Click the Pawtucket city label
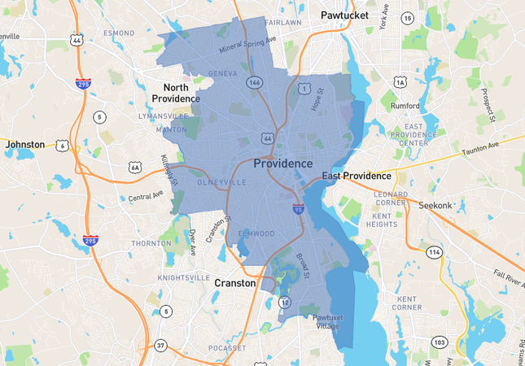pyautogui.click(x=344, y=15)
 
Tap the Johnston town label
pyautogui.click(x=25, y=144)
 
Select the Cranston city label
pyautogui.click(x=235, y=283)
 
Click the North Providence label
pyautogui.click(x=176, y=93)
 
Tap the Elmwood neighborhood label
pyautogui.click(x=256, y=233)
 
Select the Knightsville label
pyautogui.click(x=182, y=277)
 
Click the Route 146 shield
pyautogui.click(x=255, y=82)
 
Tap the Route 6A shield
pyautogui.click(x=135, y=167)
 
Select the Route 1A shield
pyautogui.click(x=399, y=81)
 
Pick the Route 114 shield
pyautogui.click(x=436, y=252)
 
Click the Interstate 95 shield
pyautogui.click(x=299, y=210)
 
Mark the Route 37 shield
pyautogui.click(x=161, y=345)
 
